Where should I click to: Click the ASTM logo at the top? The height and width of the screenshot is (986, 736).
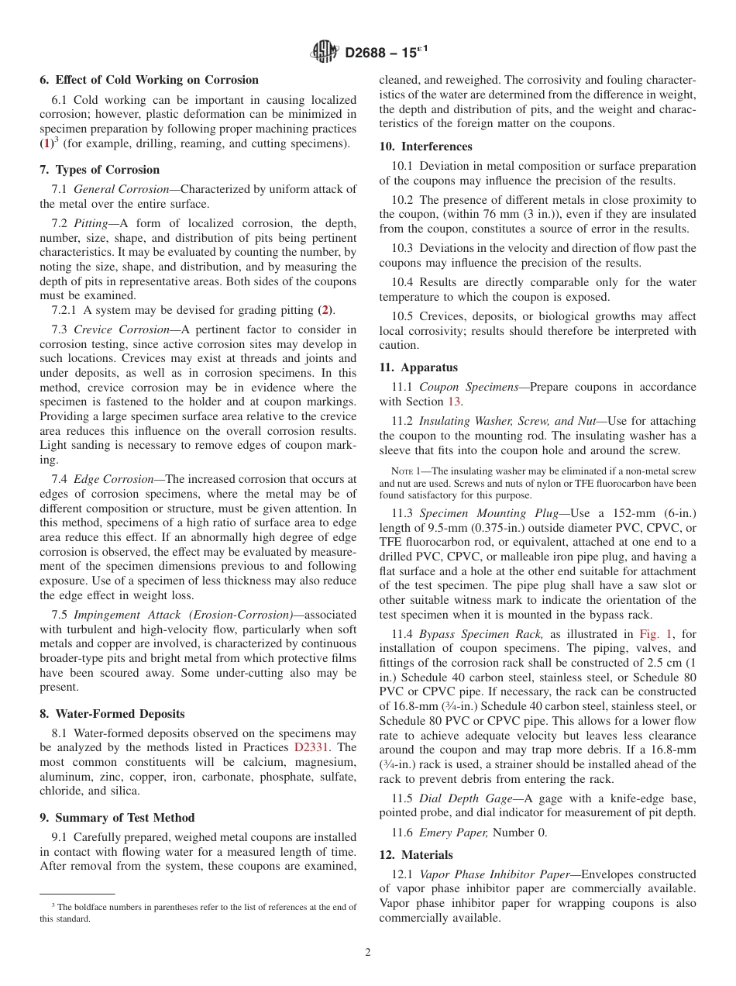click(325, 52)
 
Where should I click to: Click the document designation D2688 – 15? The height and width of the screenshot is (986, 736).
click(385, 53)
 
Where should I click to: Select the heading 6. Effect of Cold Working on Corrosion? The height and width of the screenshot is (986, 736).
click(149, 80)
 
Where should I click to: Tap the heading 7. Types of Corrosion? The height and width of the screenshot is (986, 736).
click(99, 170)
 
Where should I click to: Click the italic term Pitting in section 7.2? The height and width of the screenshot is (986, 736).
click(91, 223)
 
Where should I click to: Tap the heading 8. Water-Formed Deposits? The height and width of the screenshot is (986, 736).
click(112, 714)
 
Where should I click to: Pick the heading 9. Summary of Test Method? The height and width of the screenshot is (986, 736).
click(117, 818)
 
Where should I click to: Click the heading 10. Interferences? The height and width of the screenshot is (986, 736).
click(425, 147)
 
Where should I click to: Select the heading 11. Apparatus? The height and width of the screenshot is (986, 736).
click(418, 367)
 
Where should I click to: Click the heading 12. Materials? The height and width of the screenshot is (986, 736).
click(416, 855)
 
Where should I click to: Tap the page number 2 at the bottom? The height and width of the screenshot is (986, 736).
click(368, 953)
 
